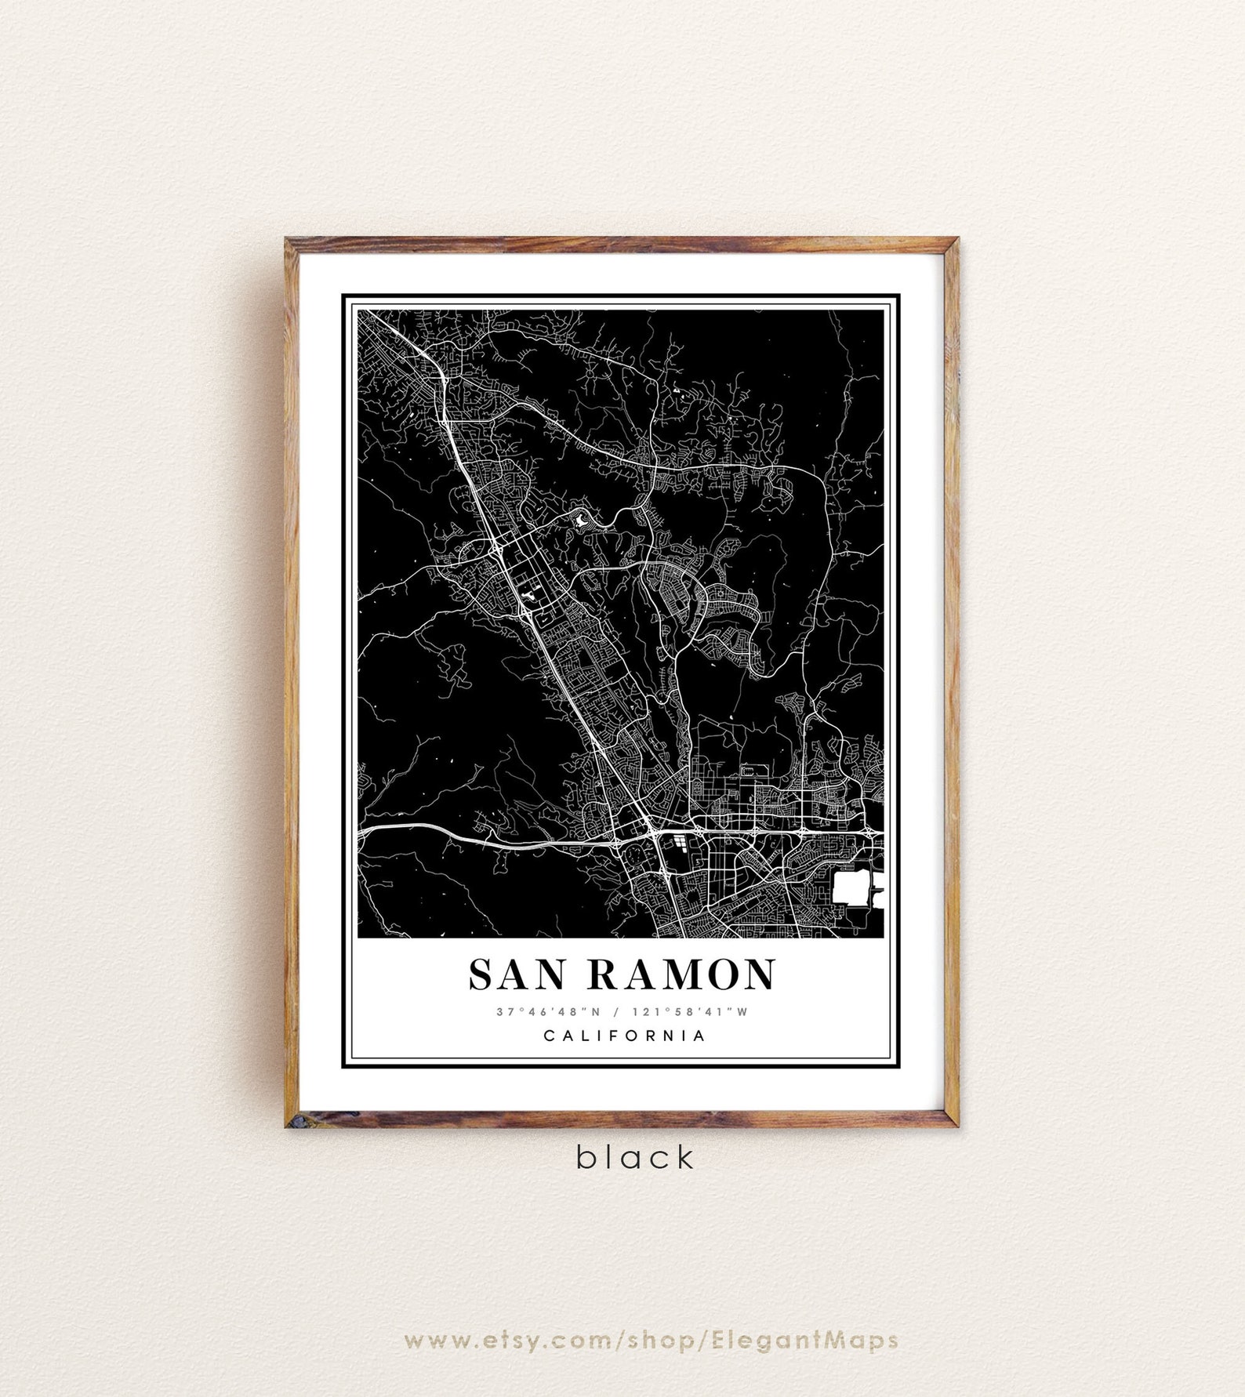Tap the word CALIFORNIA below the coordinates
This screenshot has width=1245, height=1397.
point(624,1036)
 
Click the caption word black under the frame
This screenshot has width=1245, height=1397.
point(636,1157)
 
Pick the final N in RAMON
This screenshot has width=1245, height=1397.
point(757,974)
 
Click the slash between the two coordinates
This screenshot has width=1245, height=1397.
point(621,1011)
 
